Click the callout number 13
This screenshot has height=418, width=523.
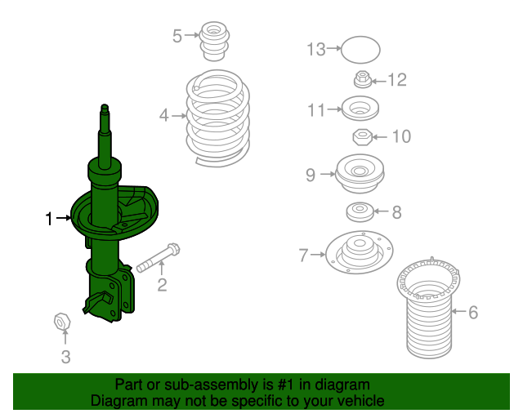point(316,49)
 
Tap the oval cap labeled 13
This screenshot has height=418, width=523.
point(359,49)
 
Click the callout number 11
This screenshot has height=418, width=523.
point(316,109)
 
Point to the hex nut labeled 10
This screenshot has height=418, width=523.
point(362,136)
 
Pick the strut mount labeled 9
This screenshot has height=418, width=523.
point(360,173)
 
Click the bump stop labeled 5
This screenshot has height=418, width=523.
point(215,42)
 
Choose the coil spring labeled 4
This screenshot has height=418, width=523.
point(217,118)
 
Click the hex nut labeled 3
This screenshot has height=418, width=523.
point(62,322)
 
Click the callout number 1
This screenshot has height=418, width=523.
point(49,218)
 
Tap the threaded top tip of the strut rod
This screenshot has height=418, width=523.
point(105,109)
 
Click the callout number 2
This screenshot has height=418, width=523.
point(162,284)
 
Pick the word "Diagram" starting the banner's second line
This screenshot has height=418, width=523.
point(117,401)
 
